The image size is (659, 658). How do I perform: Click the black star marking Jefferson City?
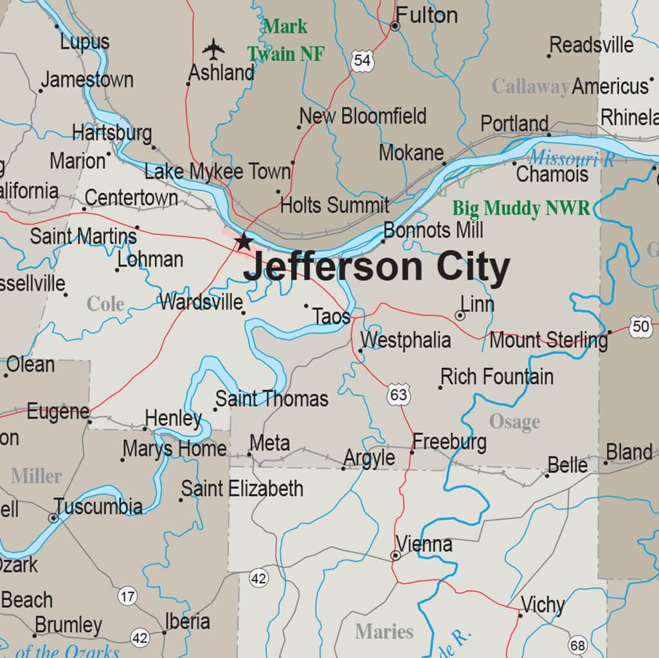(244, 242)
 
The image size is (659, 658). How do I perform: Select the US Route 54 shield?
(363, 60)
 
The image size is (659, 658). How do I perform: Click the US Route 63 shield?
(399, 394)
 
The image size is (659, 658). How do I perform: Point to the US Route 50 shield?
(640, 326)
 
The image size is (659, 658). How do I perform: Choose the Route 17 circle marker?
(127, 596)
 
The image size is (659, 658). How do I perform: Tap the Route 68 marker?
(577, 645)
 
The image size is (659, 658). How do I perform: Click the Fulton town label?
(426, 15)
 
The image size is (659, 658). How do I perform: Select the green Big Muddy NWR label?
(521, 208)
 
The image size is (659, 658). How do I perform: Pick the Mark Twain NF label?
(285, 40)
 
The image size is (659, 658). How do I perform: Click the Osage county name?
(514, 422)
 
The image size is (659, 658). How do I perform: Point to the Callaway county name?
(530, 86)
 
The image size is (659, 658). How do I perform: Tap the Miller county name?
(37, 476)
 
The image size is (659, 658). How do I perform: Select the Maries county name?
(384, 632)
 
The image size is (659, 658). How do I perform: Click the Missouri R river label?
(571, 158)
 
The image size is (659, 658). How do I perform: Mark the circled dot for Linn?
(460, 316)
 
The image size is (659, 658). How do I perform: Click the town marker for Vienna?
(396, 555)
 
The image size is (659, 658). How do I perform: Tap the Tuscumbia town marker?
(53, 517)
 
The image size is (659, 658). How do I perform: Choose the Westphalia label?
(406, 340)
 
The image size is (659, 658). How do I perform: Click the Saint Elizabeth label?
(242, 488)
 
